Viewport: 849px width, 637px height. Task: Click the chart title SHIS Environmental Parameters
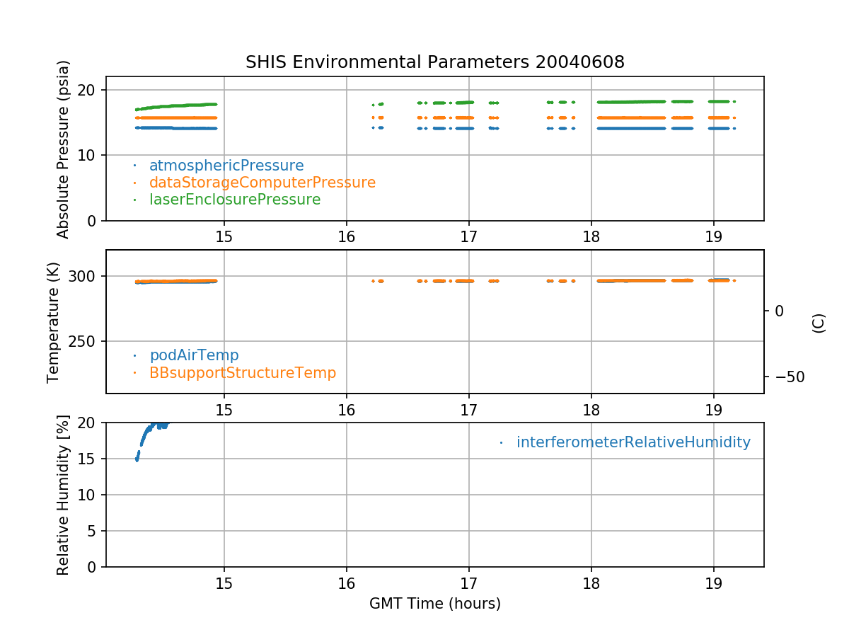(x=434, y=62)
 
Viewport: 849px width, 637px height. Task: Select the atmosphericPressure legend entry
(x=226, y=166)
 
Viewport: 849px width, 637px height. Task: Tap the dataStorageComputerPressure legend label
(x=262, y=183)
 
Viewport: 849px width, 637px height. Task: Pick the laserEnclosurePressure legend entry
(x=235, y=200)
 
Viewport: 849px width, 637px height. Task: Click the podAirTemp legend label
(x=194, y=355)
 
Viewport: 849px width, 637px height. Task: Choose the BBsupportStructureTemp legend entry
(x=243, y=372)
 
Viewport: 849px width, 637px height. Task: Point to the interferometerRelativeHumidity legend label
(x=633, y=442)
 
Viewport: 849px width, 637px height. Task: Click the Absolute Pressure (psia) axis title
(x=64, y=149)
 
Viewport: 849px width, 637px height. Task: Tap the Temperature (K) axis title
(x=54, y=322)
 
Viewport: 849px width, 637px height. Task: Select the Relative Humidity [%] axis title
(x=63, y=495)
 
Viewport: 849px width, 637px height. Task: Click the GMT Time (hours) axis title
(x=435, y=604)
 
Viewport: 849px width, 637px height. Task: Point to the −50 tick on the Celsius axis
(x=786, y=377)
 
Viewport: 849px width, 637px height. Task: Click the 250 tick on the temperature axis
(x=85, y=341)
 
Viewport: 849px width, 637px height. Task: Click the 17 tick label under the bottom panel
(x=468, y=584)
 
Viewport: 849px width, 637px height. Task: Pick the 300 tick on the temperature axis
(x=85, y=276)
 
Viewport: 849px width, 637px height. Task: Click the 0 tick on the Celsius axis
(x=779, y=311)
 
